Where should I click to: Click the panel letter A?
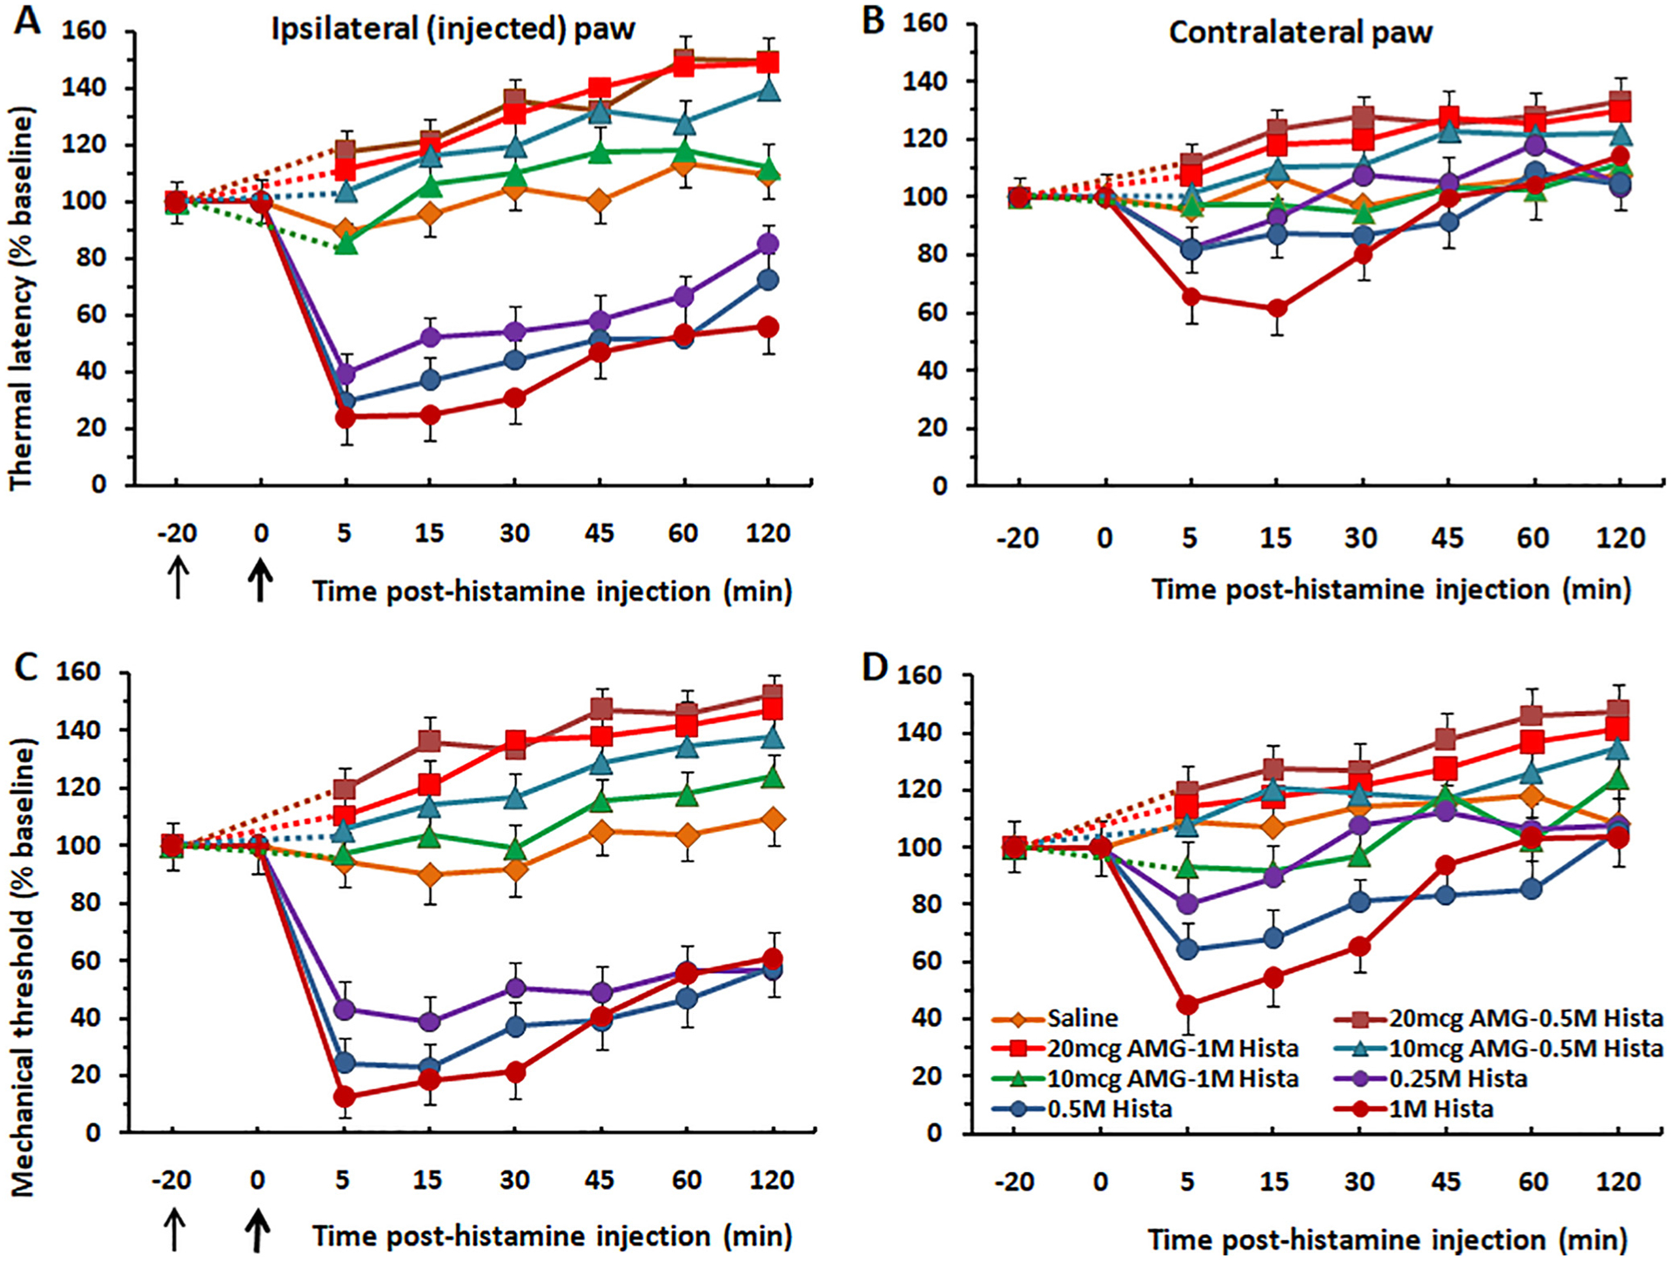[x=28, y=19]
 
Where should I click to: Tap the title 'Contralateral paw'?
[x=1300, y=32]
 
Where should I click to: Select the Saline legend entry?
[x=1082, y=1018]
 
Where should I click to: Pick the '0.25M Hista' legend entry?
[x=1458, y=1078]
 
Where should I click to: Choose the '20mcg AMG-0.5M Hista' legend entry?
[x=1525, y=1018]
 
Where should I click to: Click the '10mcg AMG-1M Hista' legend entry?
[x=1172, y=1078]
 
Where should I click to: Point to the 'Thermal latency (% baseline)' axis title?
[x=21, y=298]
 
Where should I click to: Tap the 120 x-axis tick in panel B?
[x=1619, y=538]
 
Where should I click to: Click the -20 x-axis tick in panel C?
[x=171, y=1180]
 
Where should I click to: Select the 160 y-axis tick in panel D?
[x=918, y=674]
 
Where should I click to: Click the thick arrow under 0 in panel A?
[x=260, y=580]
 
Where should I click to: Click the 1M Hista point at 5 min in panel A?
[x=346, y=417]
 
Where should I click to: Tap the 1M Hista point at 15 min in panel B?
[x=1277, y=308]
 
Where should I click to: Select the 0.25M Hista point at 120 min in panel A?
[x=768, y=244]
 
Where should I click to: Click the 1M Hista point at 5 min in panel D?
[x=1187, y=1004]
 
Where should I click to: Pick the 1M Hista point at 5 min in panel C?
[x=345, y=1096]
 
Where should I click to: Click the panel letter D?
[x=873, y=668]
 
